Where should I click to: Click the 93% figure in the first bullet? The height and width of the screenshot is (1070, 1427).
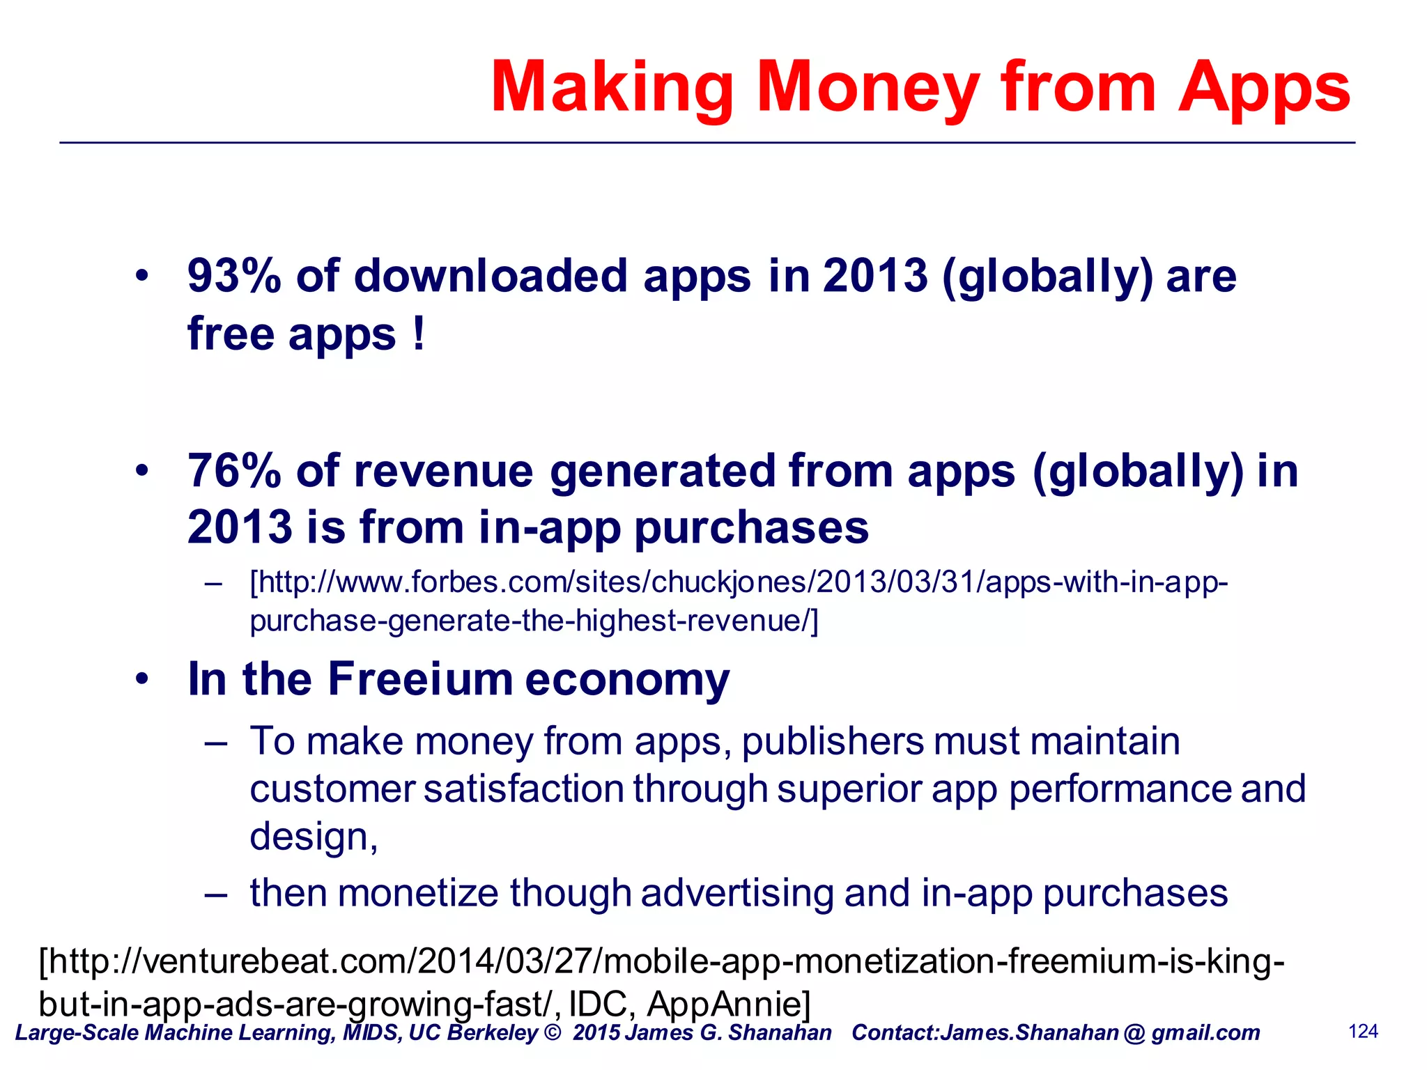[233, 276]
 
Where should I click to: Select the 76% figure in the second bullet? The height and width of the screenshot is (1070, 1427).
[233, 471]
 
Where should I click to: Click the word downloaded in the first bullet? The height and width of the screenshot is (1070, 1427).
[490, 276]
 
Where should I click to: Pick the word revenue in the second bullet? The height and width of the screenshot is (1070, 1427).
[443, 471]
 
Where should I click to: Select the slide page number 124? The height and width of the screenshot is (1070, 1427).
[1363, 1032]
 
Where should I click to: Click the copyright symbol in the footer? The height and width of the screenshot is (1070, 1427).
[552, 1032]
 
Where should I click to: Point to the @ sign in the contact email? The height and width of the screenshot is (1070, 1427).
[1134, 1032]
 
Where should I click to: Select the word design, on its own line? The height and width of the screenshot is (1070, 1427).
[314, 836]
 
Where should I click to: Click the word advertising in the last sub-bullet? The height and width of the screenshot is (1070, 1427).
[737, 893]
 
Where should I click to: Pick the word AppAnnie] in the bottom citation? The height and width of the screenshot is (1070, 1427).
[729, 1004]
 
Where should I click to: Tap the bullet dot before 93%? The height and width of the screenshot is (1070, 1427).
[142, 276]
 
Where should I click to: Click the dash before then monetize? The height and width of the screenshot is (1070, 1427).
[215, 894]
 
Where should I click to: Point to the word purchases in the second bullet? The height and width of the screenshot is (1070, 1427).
[751, 527]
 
